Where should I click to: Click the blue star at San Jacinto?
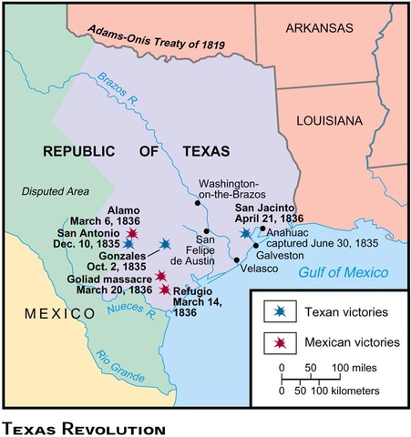pos(244,234)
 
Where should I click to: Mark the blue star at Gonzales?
pos(164,244)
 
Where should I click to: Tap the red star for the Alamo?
pos(133,233)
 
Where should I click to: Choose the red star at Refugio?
pos(165,290)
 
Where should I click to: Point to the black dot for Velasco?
pos(237,260)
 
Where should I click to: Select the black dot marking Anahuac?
pos(262,229)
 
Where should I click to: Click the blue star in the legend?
pos(272,311)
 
